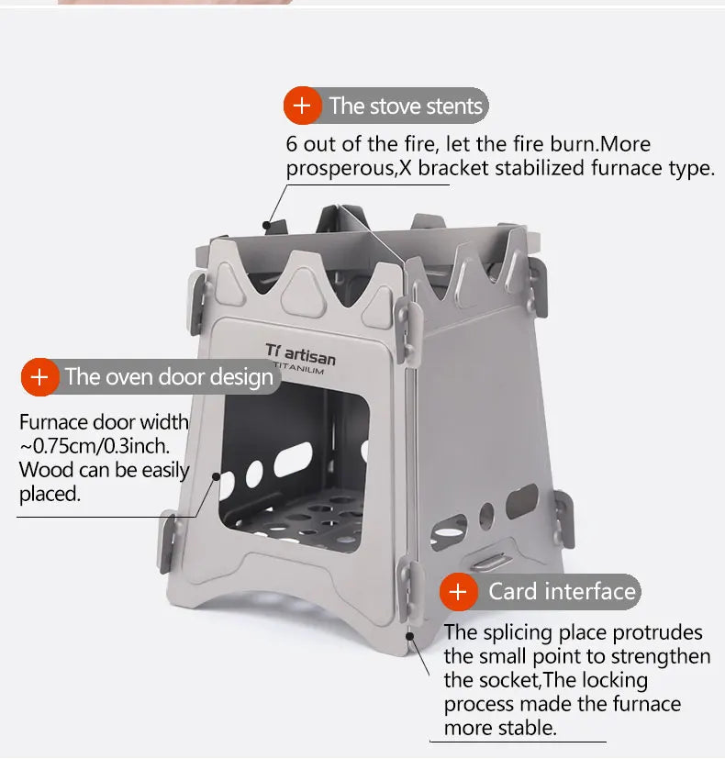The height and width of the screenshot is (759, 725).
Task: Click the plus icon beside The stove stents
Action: tap(302, 106)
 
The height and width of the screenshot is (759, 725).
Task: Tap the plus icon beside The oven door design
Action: tap(39, 377)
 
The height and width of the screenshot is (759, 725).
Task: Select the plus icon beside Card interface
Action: tap(458, 592)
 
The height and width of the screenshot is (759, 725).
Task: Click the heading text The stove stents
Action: tap(406, 106)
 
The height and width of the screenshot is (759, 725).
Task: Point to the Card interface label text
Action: tap(562, 591)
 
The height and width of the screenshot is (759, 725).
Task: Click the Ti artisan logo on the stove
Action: tap(300, 352)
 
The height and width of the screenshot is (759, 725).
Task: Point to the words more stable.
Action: tap(500, 728)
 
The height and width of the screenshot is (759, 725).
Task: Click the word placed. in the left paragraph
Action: tap(50, 495)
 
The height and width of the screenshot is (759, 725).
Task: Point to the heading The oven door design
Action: tap(169, 377)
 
